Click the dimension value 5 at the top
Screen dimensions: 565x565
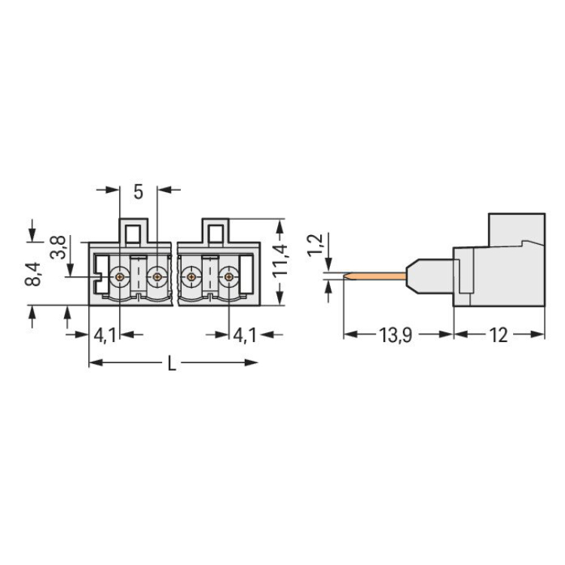(139, 192)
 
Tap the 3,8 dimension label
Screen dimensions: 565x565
(58, 247)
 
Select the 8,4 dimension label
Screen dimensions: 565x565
(33, 274)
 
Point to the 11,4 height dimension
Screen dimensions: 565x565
(280, 260)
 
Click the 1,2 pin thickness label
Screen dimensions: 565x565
(316, 244)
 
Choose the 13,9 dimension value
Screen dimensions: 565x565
(395, 336)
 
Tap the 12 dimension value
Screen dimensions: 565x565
(499, 336)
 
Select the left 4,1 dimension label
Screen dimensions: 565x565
(105, 336)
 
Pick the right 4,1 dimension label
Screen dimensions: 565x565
(245, 336)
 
